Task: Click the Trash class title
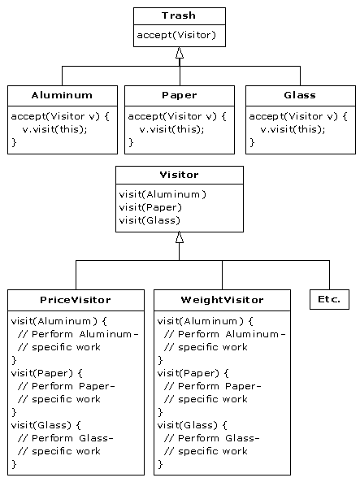click(179, 15)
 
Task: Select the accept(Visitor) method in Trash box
click(176, 35)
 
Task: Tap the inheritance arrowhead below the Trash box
click(180, 53)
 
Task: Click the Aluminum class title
click(62, 95)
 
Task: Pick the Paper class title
click(180, 95)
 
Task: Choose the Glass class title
click(300, 95)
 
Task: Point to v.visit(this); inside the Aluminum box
click(54, 129)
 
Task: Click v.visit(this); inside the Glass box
click(293, 129)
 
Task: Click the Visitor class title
click(179, 175)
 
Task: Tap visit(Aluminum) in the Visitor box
click(163, 194)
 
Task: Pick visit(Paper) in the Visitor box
click(150, 208)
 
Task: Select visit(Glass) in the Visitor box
click(150, 220)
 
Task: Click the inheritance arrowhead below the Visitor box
click(180, 237)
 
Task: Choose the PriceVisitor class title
click(76, 300)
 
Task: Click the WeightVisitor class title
click(222, 300)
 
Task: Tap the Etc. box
click(329, 299)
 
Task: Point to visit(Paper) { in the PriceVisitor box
click(47, 373)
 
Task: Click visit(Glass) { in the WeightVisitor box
click(192, 425)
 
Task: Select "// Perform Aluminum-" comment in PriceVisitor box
click(78, 334)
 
